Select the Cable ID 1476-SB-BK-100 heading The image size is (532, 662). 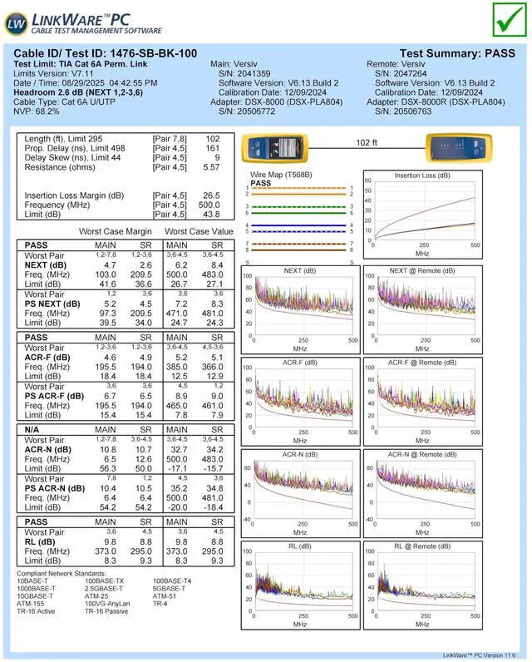click(x=106, y=53)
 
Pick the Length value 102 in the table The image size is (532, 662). click(x=212, y=139)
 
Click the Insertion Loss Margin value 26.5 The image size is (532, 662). click(x=211, y=195)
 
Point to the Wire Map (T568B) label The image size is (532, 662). click(x=281, y=175)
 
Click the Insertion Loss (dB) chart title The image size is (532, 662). click(x=421, y=175)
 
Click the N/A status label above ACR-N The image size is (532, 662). click(x=34, y=428)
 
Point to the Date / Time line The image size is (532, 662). click(x=86, y=83)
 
